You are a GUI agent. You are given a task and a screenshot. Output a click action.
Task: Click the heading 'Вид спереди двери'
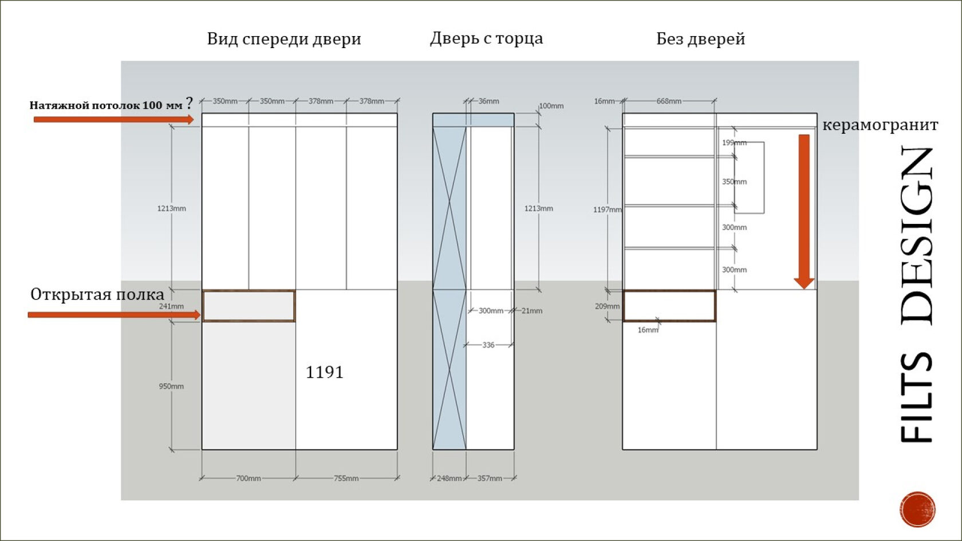coord(284,39)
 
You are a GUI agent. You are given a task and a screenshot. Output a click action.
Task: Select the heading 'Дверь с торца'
coord(486,38)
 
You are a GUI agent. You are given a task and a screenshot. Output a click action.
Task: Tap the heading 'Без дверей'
coord(700,39)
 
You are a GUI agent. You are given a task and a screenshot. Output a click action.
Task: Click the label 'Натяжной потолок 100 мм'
coord(106,105)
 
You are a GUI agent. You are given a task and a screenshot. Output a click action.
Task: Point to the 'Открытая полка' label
coord(97,294)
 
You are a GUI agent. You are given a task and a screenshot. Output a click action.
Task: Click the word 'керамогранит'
coord(880,125)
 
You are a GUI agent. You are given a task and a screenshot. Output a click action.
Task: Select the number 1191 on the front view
coord(325,372)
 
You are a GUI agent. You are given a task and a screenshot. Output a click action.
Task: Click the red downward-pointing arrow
coord(804,212)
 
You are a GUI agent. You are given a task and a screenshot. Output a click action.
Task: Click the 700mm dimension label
coord(249,478)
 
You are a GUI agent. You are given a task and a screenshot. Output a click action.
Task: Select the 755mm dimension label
coord(346,478)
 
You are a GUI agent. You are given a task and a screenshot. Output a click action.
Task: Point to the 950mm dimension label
coord(171,386)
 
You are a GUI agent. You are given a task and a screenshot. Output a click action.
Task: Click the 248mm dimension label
coord(449,478)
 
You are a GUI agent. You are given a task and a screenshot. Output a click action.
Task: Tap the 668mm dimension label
coord(669,101)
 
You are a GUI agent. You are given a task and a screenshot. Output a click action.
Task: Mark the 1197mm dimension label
coord(607,210)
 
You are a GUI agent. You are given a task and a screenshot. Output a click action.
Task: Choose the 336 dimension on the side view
coord(488,345)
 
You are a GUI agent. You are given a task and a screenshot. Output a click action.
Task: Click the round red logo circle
coord(917,509)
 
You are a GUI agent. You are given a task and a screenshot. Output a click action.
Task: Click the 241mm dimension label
coord(171,306)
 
